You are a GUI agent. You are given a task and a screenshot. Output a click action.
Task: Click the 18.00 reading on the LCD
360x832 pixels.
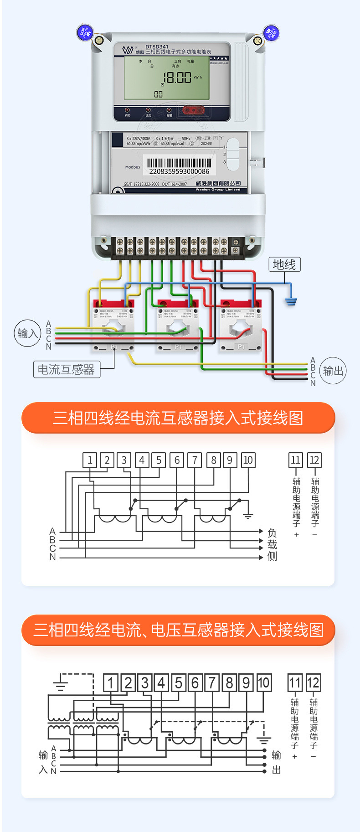point(177,78)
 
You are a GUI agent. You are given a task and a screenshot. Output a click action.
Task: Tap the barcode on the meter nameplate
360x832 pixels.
point(179,163)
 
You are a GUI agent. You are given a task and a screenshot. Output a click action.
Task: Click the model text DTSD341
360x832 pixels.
point(157,47)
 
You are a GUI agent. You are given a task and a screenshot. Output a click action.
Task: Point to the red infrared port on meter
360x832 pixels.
point(193,110)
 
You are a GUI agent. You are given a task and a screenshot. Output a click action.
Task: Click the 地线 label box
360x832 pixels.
point(284,264)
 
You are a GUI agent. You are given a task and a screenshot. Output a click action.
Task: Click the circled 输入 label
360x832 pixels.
point(27,333)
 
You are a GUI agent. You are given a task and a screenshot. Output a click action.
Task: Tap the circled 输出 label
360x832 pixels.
point(333,371)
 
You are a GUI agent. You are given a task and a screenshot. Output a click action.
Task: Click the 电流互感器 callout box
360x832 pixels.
point(67,369)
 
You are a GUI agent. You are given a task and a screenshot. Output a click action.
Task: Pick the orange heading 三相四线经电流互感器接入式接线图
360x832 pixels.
point(178,418)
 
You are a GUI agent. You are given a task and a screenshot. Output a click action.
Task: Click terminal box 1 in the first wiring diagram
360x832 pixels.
point(90,460)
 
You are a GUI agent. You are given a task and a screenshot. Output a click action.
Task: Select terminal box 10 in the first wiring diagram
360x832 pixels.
point(248,460)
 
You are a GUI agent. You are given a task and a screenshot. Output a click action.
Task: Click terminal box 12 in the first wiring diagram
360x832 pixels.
point(314,460)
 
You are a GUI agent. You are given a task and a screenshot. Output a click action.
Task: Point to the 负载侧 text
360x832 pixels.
point(272,544)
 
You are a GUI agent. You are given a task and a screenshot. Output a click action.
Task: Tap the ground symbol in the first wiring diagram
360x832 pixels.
point(248,516)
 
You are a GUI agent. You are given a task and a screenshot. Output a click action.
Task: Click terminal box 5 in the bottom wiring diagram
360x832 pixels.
point(178,682)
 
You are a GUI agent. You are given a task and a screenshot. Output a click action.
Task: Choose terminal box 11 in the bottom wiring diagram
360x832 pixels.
point(295,682)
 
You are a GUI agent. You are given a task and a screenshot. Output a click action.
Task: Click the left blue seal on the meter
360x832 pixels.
point(85,32)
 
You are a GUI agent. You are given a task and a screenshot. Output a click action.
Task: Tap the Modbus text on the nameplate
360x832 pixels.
point(133,167)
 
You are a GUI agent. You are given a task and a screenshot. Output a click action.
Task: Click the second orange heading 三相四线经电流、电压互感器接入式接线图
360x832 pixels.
point(178,630)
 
